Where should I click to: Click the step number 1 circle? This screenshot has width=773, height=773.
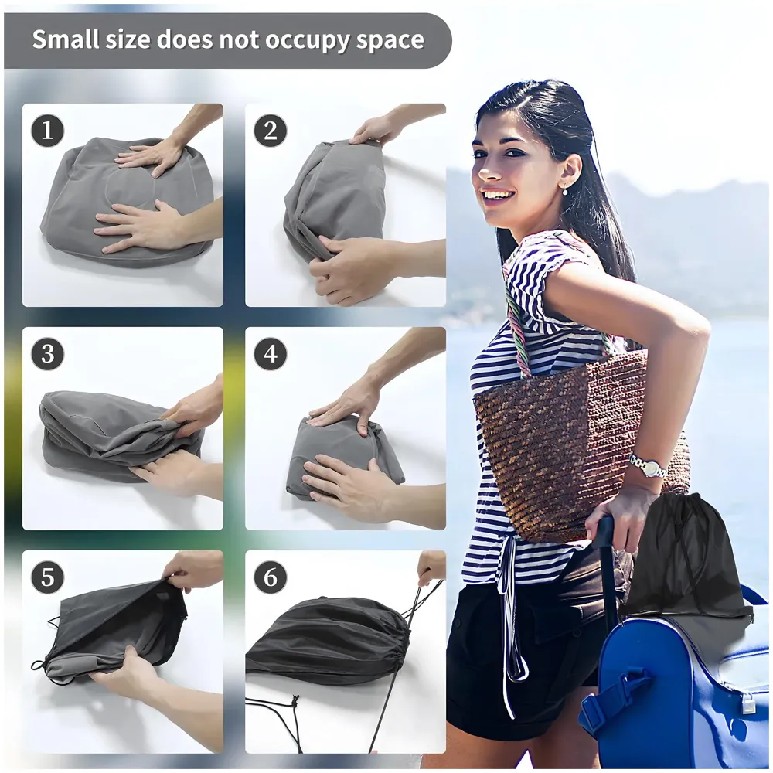tap(47, 131)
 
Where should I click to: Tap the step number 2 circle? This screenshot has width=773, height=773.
tap(270, 131)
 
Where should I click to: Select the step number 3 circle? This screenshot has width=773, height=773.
tap(47, 354)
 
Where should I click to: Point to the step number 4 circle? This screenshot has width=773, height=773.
tap(270, 354)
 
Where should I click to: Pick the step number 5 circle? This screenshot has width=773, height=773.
tap(47, 577)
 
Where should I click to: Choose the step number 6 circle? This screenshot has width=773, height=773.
tap(270, 577)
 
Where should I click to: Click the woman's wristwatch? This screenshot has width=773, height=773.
tap(648, 466)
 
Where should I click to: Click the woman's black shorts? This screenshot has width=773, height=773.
tap(510, 665)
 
